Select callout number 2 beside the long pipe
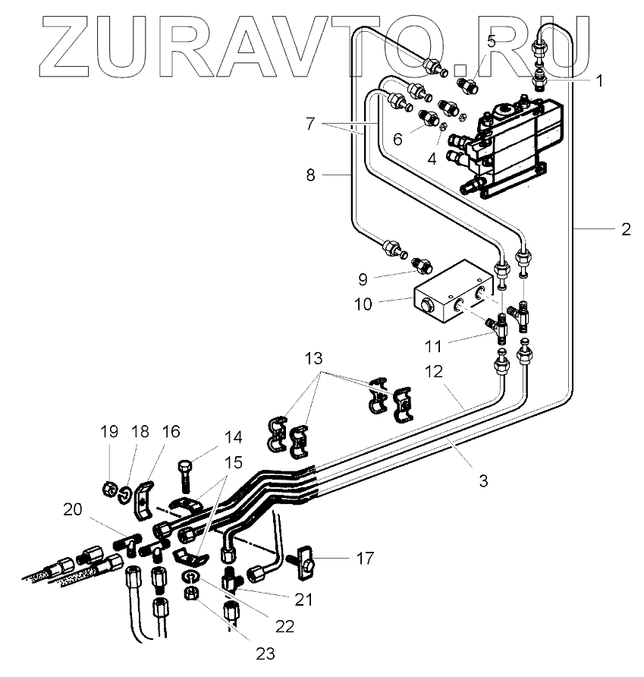tap(625, 229)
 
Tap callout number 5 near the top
tap(491, 42)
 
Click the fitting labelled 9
tap(421, 266)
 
